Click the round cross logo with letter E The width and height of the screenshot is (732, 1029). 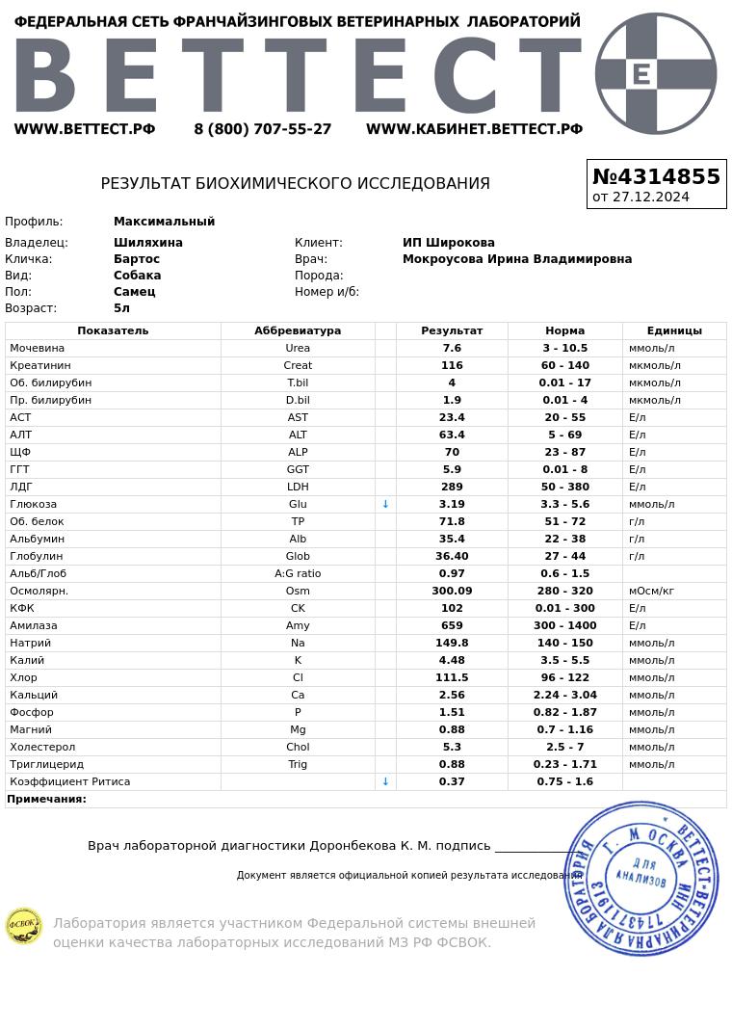[x=656, y=73]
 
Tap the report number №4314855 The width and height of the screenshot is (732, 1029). [x=656, y=177]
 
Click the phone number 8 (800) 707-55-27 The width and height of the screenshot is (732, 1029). [x=262, y=129]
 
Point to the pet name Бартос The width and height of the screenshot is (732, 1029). [x=137, y=259]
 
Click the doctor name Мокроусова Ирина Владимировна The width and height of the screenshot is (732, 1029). [x=517, y=259]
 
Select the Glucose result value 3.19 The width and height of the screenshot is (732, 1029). [x=452, y=504]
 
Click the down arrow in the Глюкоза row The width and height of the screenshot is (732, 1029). [x=385, y=504]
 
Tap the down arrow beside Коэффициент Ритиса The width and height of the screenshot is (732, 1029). [x=385, y=781]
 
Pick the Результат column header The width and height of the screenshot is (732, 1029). [x=452, y=330]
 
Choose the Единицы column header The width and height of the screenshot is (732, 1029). [x=674, y=330]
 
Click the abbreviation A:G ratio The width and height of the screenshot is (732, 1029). [x=298, y=573]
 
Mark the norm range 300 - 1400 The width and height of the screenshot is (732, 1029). [x=564, y=625]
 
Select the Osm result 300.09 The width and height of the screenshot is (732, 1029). [x=452, y=591]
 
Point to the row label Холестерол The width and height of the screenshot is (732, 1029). [x=42, y=747]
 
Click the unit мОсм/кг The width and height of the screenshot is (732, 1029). [x=651, y=591]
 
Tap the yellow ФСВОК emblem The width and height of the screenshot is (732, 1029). [x=24, y=926]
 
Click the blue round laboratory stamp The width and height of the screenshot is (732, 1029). [x=641, y=878]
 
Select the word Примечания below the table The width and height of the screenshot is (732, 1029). [x=46, y=799]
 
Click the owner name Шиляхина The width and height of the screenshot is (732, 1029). [x=148, y=243]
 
